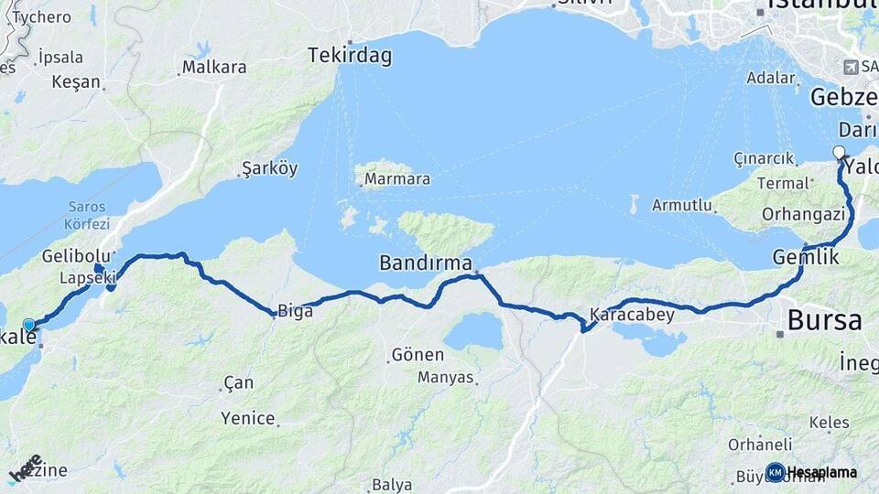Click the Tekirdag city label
[x=350, y=56]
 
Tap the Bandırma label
[x=425, y=264]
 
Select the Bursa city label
[x=824, y=320]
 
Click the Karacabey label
[x=632, y=315]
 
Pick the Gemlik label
[x=806, y=257]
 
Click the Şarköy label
[x=269, y=168]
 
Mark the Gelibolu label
[x=75, y=256]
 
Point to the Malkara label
[x=214, y=67]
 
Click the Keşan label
[x=76, y=81]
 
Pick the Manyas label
[x=446, y=377]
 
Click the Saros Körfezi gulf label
[x=87, y=216]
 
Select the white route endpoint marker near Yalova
[x=839, y=152]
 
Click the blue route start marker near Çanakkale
[x=29, y=325]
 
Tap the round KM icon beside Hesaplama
[x=775, y=472]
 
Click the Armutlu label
[x=682, y=206]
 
